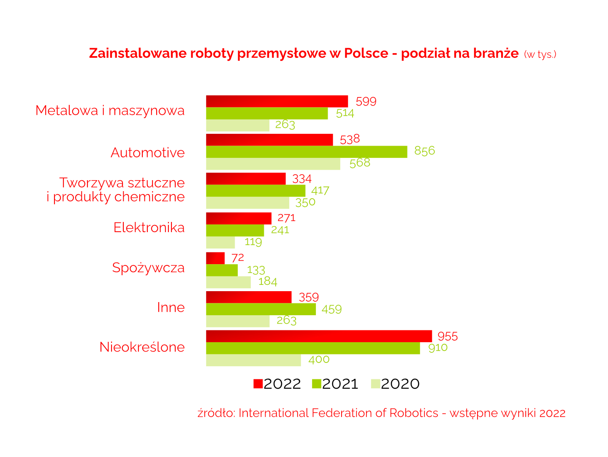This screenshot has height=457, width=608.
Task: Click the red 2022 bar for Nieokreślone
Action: coord(319,336)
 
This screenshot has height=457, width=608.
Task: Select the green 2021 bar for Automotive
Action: coord(307,152)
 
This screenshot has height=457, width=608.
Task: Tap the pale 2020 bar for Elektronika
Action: coord(220,243)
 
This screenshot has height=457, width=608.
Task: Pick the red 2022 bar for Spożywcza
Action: coord(215,258)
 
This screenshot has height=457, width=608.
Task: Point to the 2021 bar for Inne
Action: coord(261,309)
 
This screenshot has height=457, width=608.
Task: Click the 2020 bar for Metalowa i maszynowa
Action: coord(238,125)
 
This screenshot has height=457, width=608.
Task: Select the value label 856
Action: coord(424,151)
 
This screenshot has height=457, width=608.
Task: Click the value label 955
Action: coord(448,336)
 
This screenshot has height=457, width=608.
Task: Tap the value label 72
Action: coord(238,258)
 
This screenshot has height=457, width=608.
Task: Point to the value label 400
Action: coord(319,360)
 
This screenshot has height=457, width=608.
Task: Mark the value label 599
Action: coord(366,102)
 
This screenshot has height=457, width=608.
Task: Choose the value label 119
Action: coord(253,242)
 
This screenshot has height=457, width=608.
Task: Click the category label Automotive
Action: coord(148,153)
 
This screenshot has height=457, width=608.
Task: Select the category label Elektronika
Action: coord(149,228)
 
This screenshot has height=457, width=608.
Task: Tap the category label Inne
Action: coord(171,308)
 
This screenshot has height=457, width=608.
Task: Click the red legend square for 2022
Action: coord(258,384)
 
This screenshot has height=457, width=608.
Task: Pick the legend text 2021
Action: coord(340,384)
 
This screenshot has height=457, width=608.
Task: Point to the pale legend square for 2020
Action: coord(375,384)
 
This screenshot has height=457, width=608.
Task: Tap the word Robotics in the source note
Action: coord(414,413)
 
